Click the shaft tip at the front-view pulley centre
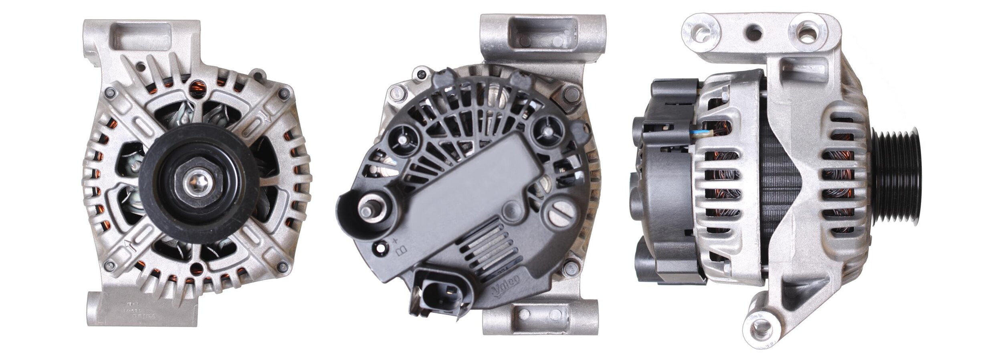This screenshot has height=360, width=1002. tap(197, 186)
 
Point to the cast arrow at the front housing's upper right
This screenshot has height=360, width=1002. tap(264, 117)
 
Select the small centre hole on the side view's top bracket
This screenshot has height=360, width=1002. tap(755, 29)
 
